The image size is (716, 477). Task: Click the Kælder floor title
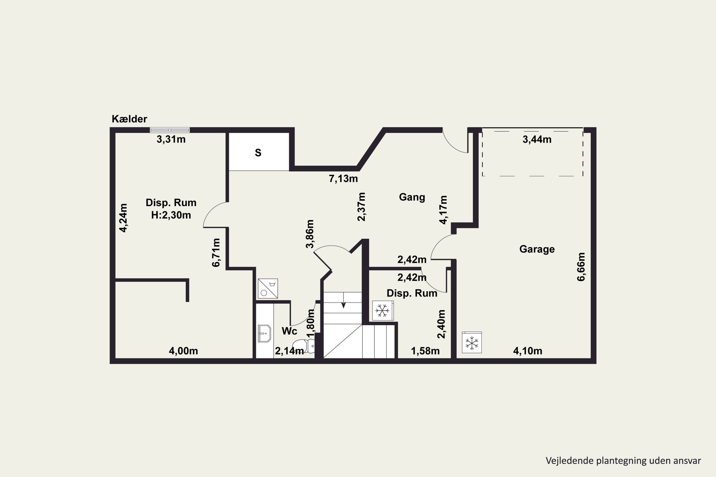[x=129, y=119]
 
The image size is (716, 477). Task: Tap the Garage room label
[x=537, y=249]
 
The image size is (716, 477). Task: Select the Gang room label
[x=412, y=197]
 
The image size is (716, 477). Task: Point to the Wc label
[x=289, y=331]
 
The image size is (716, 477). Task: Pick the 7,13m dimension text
[x=343, y=179]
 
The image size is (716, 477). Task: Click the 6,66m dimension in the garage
[x=581, y=267]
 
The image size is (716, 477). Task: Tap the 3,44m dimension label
[x=537, y=139]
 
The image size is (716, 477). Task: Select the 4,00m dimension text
[x=183, y=351]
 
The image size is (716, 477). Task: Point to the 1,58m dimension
[x=425, y=351]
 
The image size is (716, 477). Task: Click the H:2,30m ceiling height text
[x=171, y=215]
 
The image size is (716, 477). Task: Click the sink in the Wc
[x=264, y=333]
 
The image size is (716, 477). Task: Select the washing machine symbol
[x=268, y=288]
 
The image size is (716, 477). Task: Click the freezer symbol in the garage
[x=472, y=342]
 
